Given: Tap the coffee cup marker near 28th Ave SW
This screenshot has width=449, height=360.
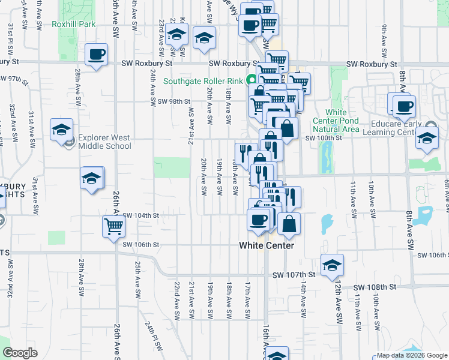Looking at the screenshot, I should [95, 55].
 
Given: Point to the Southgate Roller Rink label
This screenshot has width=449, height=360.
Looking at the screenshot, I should [194, 81].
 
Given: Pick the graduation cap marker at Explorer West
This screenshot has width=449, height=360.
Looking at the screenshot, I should [61, 130].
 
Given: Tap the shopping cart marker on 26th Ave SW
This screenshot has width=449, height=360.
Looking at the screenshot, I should [113, 227].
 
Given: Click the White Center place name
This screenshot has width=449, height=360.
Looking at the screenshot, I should [267, 245].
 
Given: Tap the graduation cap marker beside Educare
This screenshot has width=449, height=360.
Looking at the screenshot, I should [427, 138].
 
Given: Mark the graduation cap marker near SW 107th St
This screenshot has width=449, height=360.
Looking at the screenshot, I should [332, 265].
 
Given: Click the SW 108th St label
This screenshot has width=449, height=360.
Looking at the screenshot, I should [375, 287].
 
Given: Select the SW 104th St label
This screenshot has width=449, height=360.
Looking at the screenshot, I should [140, 215].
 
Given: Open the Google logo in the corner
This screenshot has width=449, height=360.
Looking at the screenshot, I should [20, 353].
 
